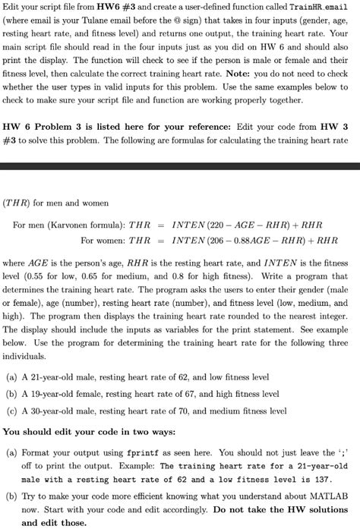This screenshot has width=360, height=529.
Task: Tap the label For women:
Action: click(103, 241)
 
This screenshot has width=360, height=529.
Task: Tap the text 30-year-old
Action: click(50, 411)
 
